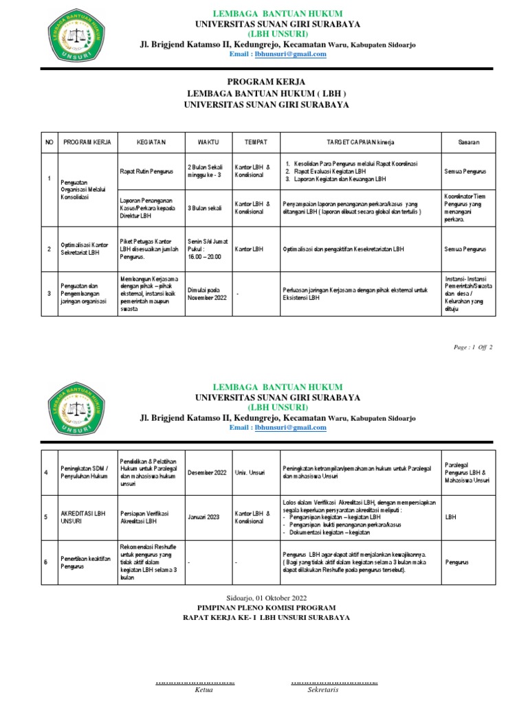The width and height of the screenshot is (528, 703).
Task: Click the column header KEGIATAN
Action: click(151, 141)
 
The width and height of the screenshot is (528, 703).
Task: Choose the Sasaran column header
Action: click(469, 141)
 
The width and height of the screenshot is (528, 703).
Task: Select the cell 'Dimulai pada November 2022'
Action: click(208, 294)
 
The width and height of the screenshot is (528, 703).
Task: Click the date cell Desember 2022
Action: click(208, 473)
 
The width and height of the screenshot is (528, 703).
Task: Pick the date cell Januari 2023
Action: click(203, 516)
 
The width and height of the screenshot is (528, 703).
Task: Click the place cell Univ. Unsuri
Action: click(251, 473)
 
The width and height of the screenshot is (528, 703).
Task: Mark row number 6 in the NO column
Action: click(46, 562)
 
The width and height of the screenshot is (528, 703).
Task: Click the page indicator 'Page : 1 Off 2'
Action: click(473, 347)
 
